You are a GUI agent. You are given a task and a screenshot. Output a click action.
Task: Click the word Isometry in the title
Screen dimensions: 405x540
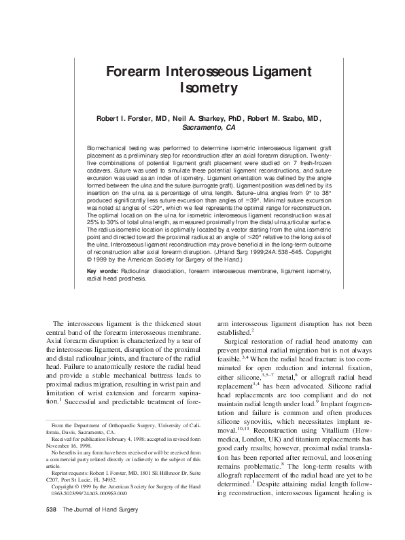click(x=202, y=88)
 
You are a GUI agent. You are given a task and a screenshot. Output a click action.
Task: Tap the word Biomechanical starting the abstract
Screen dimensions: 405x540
click(x=108, y=147)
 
